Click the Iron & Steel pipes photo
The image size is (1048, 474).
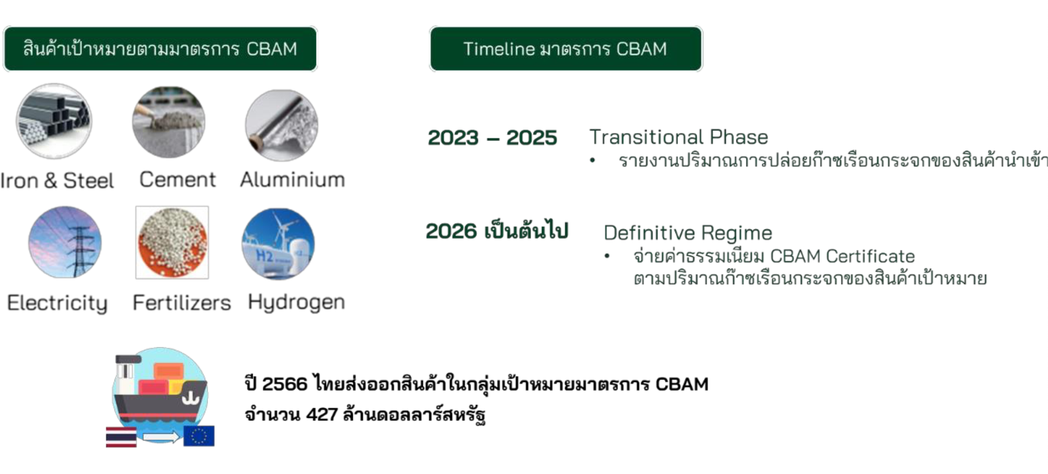(54, 121)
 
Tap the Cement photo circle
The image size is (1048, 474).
(169, 122)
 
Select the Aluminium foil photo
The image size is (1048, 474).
(282, 125)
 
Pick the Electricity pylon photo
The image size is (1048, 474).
(65, 242)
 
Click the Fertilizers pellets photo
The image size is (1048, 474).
(172, 242)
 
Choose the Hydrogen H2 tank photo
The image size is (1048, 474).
(279, 244)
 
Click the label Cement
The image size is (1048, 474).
(177, 179)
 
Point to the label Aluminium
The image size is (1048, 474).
(292, 179)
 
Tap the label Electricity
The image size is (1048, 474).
(57, 303)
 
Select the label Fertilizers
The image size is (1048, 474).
(182, 303)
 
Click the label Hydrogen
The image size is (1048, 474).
(296, 303)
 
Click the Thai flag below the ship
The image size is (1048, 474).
(121, 437)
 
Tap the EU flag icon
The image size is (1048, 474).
(199, 436)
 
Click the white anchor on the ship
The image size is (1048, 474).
(190, 398)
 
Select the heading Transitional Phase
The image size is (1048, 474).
(678, 137)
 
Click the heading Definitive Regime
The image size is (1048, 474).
(688, 233)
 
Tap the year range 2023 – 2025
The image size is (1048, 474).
(492, 138)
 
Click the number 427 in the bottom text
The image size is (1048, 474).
(322, 414)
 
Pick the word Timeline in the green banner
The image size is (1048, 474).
(499, 49)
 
